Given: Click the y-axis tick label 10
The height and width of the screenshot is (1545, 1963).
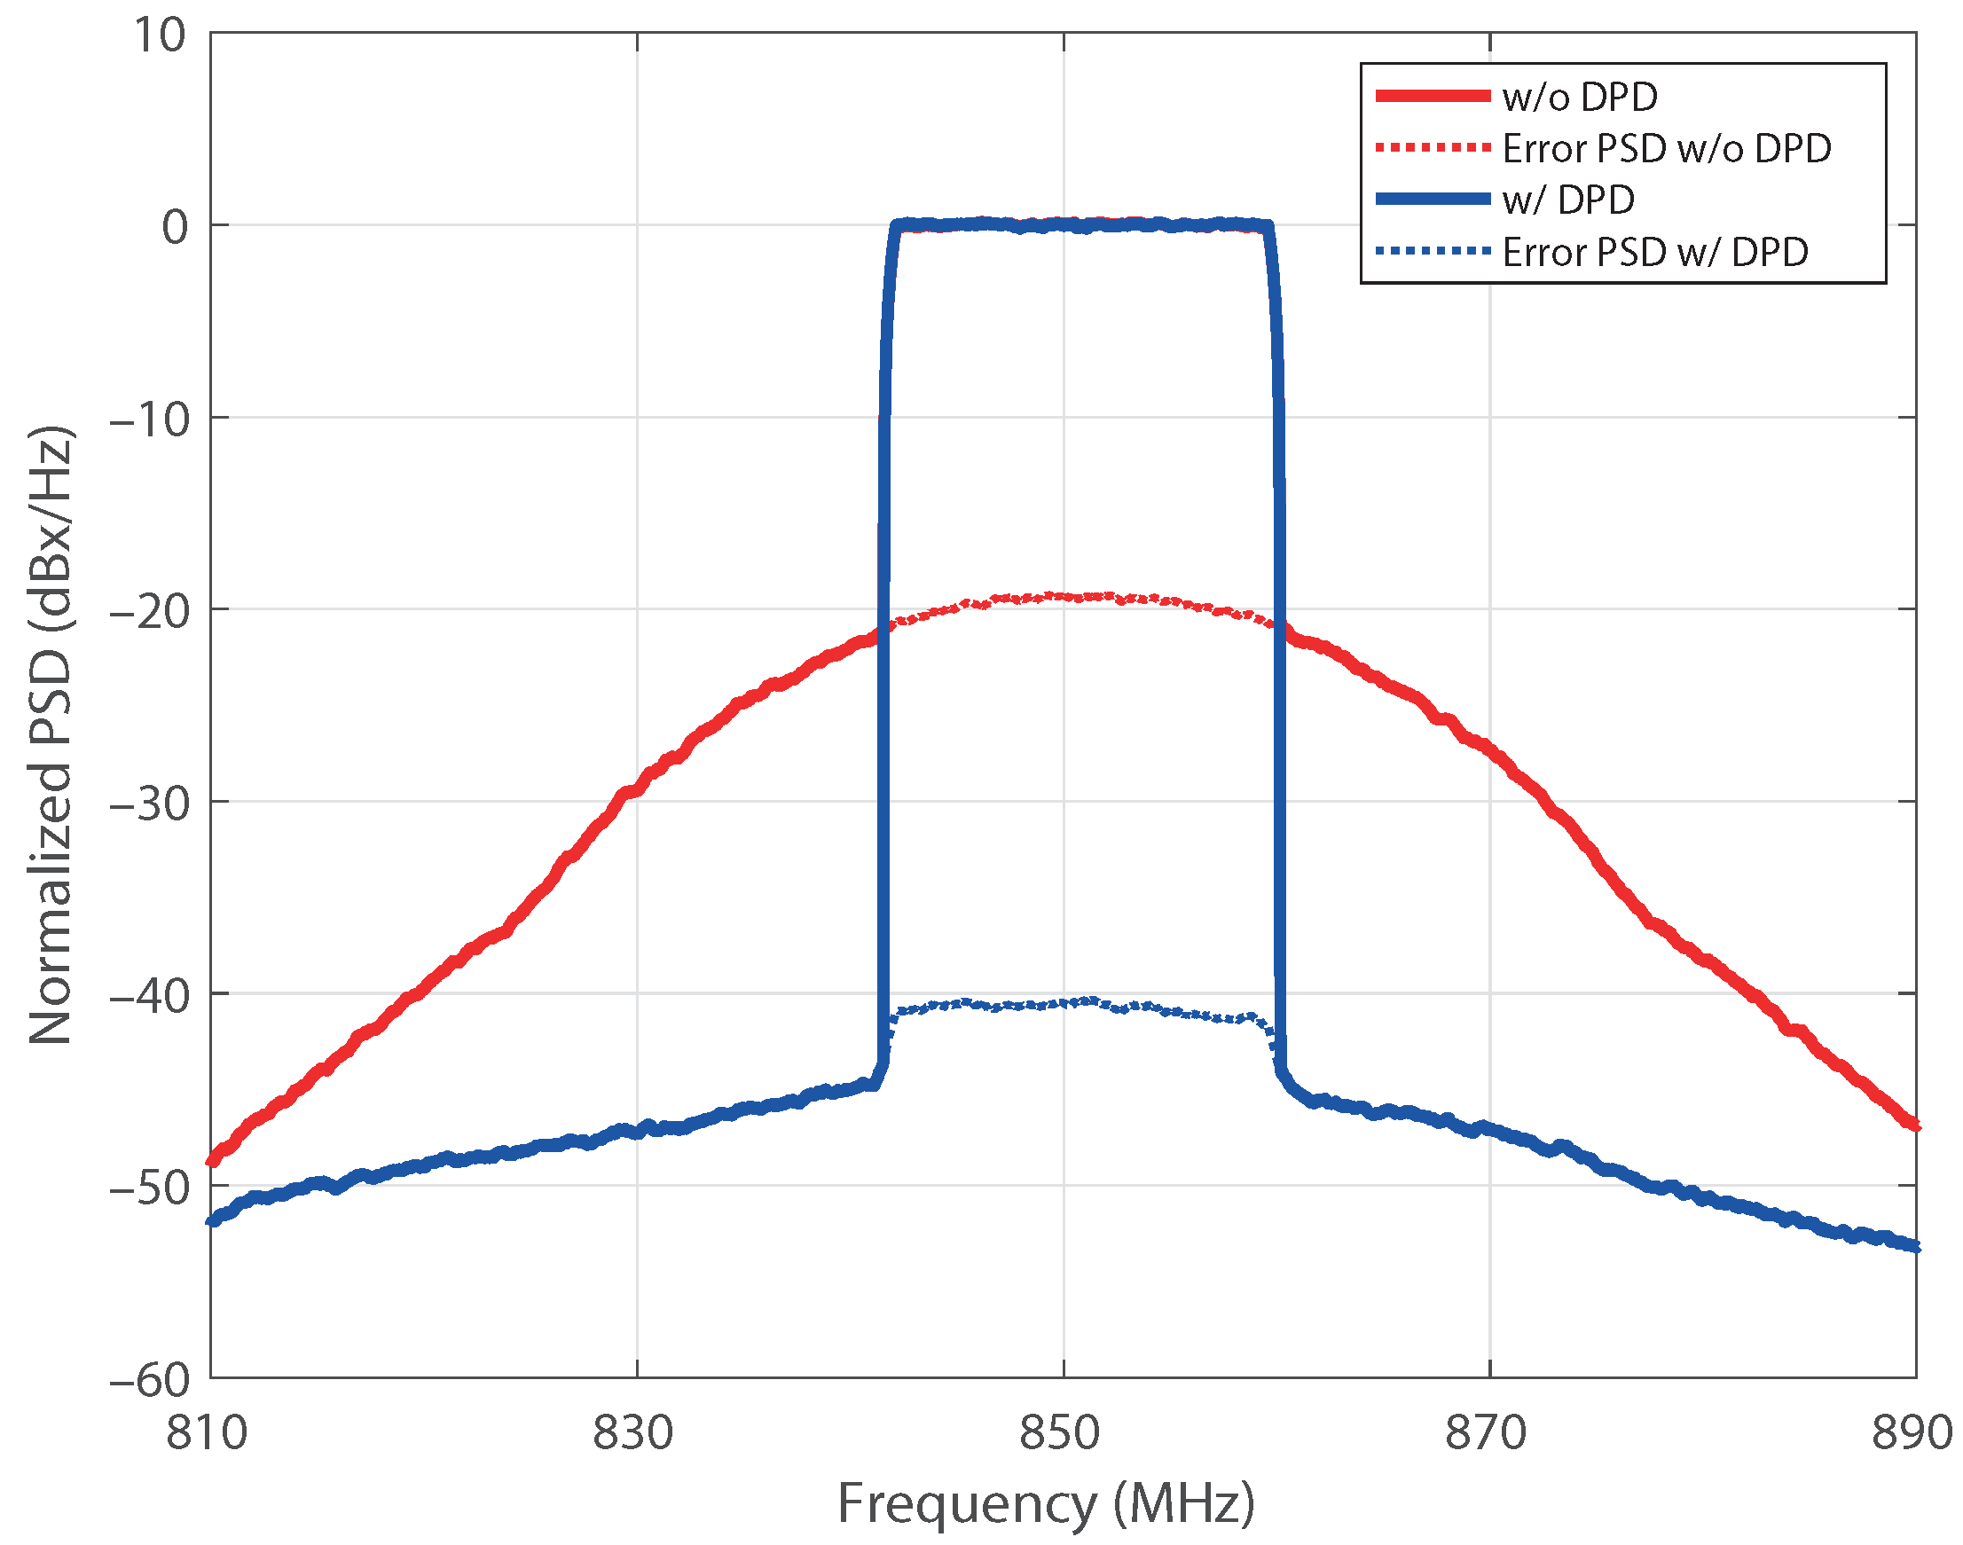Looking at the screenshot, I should click(159, 36).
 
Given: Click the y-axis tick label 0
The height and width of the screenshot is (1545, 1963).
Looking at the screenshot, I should click(175, 227).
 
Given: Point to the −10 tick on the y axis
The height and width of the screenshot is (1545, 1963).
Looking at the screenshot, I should click(149, 420).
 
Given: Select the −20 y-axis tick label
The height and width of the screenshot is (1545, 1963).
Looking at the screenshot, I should click(149, 611).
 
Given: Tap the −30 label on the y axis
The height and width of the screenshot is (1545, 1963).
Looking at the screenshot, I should click(149, 804).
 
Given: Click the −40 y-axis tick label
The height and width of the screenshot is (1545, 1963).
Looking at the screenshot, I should click(149, 996).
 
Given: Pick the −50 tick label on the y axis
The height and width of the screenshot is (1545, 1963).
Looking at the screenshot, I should click(149, 1188).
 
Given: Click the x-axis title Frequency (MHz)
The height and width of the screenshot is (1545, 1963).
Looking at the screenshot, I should click(1046, 1503).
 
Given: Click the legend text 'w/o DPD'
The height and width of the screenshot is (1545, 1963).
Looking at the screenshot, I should click(1580, 97).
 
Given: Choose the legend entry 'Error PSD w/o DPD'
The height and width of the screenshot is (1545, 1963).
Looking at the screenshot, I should click(1667, 148).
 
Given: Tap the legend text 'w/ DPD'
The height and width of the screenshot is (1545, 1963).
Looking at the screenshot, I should click(1567, 200).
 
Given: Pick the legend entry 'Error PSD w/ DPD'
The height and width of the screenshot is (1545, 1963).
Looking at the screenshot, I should click(1654, 252).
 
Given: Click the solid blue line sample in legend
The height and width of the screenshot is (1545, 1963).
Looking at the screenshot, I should click(1432, 200).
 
